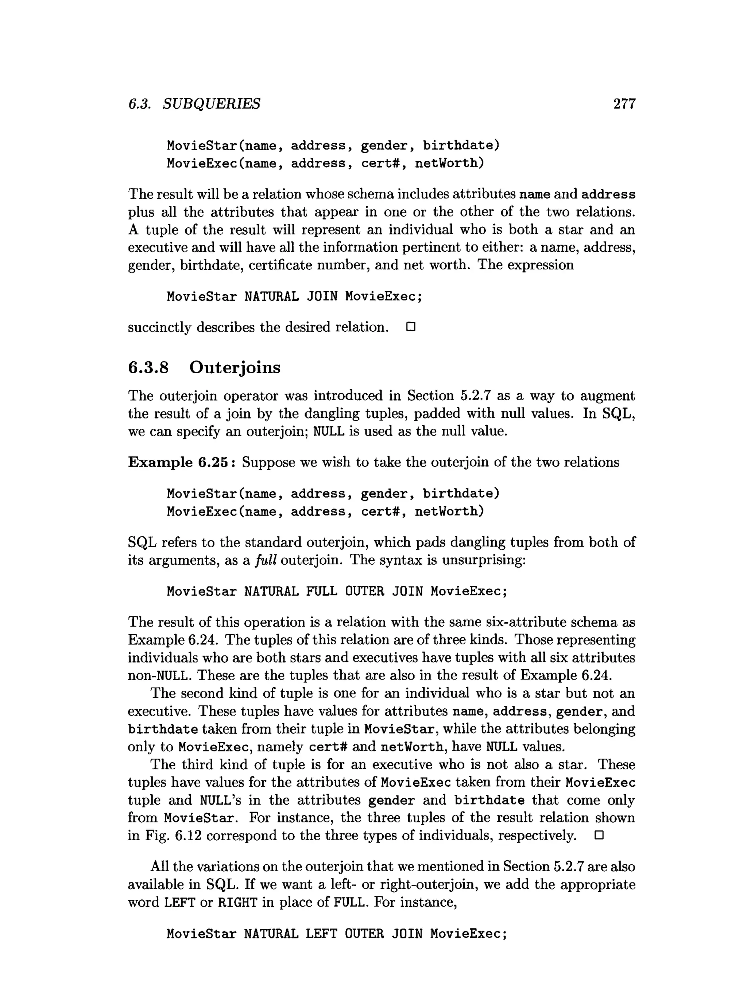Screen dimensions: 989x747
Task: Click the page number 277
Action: [x=624, y=104]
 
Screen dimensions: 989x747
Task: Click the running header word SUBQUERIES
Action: [x=211, y=104]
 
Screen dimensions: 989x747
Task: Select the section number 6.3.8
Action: [x=148, y=367]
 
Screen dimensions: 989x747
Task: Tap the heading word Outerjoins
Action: [x=235, y=367]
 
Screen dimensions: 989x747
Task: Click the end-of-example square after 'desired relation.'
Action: [x=411, y=327]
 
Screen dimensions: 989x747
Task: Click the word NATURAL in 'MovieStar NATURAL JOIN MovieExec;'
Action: [x=271, y=296]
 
